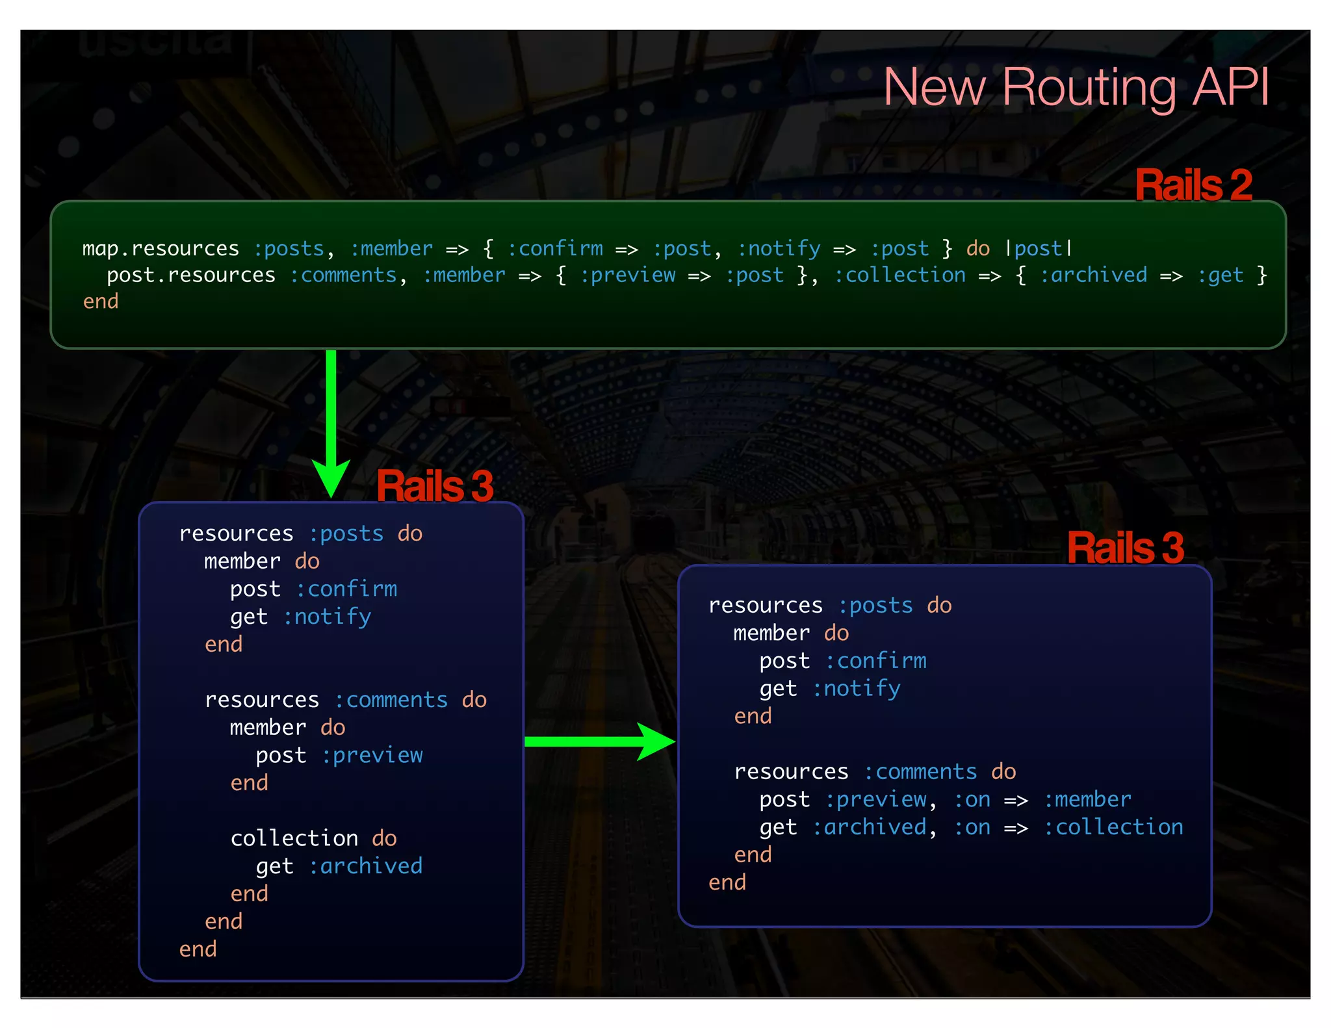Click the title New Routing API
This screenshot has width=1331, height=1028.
[1076, 87]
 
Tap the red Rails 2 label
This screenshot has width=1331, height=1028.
[1193, 185]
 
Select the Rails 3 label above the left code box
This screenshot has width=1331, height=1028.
[435, 486]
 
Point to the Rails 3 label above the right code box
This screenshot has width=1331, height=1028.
[1125, 548]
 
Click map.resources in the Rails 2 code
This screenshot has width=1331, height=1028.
[161, 249]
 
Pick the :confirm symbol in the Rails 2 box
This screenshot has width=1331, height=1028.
[555, 249]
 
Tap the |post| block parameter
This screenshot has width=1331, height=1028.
[1039, 249]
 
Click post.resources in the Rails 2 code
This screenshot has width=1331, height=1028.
[191, 276]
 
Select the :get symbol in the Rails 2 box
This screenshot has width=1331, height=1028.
[1220, 276]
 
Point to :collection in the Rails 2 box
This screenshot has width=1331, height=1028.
[900, 276]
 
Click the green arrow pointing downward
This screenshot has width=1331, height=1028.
[331, 422]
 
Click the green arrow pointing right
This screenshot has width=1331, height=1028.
[598, 741]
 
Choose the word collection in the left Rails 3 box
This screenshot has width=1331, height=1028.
[294, 838]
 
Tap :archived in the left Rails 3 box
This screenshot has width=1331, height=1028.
[365, 866]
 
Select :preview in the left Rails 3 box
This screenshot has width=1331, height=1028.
[372, 755]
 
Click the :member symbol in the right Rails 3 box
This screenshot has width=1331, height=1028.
[1087, 799]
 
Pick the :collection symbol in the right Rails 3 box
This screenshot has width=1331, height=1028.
[1113, 827]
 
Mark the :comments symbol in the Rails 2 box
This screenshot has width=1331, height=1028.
[343, 276]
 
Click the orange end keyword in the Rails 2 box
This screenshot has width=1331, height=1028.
[101, 302]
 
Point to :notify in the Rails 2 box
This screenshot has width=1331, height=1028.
[779, 249]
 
